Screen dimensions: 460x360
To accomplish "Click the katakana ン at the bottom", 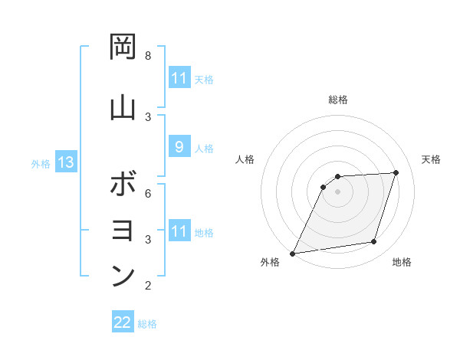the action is (123, 275).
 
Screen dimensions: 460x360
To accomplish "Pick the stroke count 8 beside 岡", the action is (148, 56).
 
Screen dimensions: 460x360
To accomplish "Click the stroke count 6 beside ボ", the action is (148, 193).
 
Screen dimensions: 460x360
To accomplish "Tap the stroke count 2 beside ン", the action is (148, 286).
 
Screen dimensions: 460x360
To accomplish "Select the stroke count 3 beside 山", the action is (148, 116).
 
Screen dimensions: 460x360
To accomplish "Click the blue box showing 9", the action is (179, 147).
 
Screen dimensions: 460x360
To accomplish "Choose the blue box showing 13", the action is (66, 163).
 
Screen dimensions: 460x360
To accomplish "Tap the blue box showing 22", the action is (123, 322).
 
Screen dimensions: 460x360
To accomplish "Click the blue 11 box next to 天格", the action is (179, 78).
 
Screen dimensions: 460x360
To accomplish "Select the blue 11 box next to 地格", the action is (179, 231).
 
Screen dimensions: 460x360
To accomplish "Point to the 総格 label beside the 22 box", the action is (147, 323).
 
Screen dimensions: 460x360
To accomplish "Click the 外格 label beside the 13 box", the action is (41, 164).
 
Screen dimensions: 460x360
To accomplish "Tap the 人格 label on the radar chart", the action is (245, 159).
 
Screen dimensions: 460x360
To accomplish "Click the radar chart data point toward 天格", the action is (396, 172).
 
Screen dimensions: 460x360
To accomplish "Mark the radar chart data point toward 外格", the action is (292, 254).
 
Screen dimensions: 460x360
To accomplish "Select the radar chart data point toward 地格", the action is (374, 242).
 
